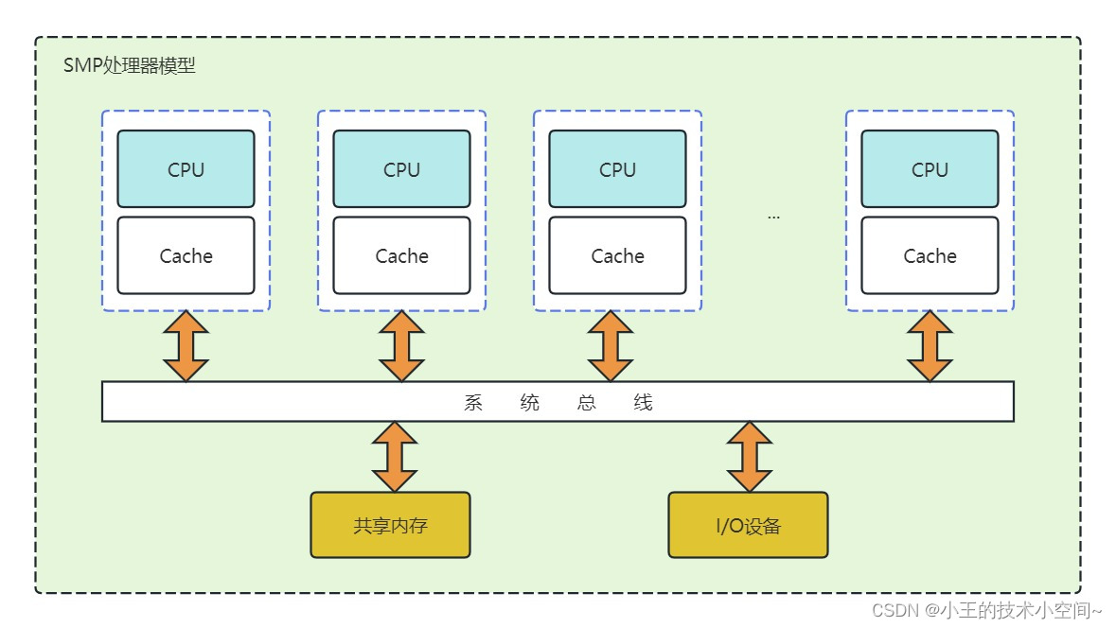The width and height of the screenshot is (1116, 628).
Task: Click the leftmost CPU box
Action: pyautogui.click(x=186, y=169)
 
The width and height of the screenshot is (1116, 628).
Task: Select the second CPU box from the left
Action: pyautogui.click(x=401, y=169)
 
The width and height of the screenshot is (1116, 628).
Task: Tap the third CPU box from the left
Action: pyautogui.click(x=617, y=169)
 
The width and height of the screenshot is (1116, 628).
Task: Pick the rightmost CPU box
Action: pyautogui.click(x=930, y=169)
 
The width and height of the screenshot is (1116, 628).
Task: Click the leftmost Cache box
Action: pyautogui.click(x=186, y=255)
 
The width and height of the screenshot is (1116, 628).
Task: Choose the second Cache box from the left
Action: pyautogui.click(x=401, y=255)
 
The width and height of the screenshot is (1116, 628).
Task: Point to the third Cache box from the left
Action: pyautogui.click(x=617, y=255)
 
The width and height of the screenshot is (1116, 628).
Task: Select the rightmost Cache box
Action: pyautogui.click(x=930, y=255)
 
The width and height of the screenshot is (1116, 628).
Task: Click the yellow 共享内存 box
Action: pyautogui.click(x=390, y=525)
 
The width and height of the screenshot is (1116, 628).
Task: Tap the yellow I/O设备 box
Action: pyautogui.click(x=748, y=525)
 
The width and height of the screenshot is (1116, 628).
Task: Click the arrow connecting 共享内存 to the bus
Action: pyautogui.click(x=395, y=456)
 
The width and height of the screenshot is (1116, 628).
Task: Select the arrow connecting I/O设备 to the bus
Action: pyautogui.click(x=750, y=456)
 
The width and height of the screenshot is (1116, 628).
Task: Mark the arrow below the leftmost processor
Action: pyautogui.click(x=186, y=345)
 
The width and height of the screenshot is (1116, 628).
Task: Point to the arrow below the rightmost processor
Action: pyautogui.click(x=930, y=345)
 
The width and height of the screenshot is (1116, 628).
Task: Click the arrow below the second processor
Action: pyautogui.click(x=401, y=345)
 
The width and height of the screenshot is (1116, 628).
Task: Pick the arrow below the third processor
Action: pyautogui.click(x=610, y=345)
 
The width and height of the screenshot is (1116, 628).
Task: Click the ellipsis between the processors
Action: pyautogui.click(x=773, y=217)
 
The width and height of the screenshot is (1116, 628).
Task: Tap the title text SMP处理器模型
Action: pyautogui.click(x=129, y=66)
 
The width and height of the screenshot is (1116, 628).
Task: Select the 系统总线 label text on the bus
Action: pyautogui.click(x=558, y=402)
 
